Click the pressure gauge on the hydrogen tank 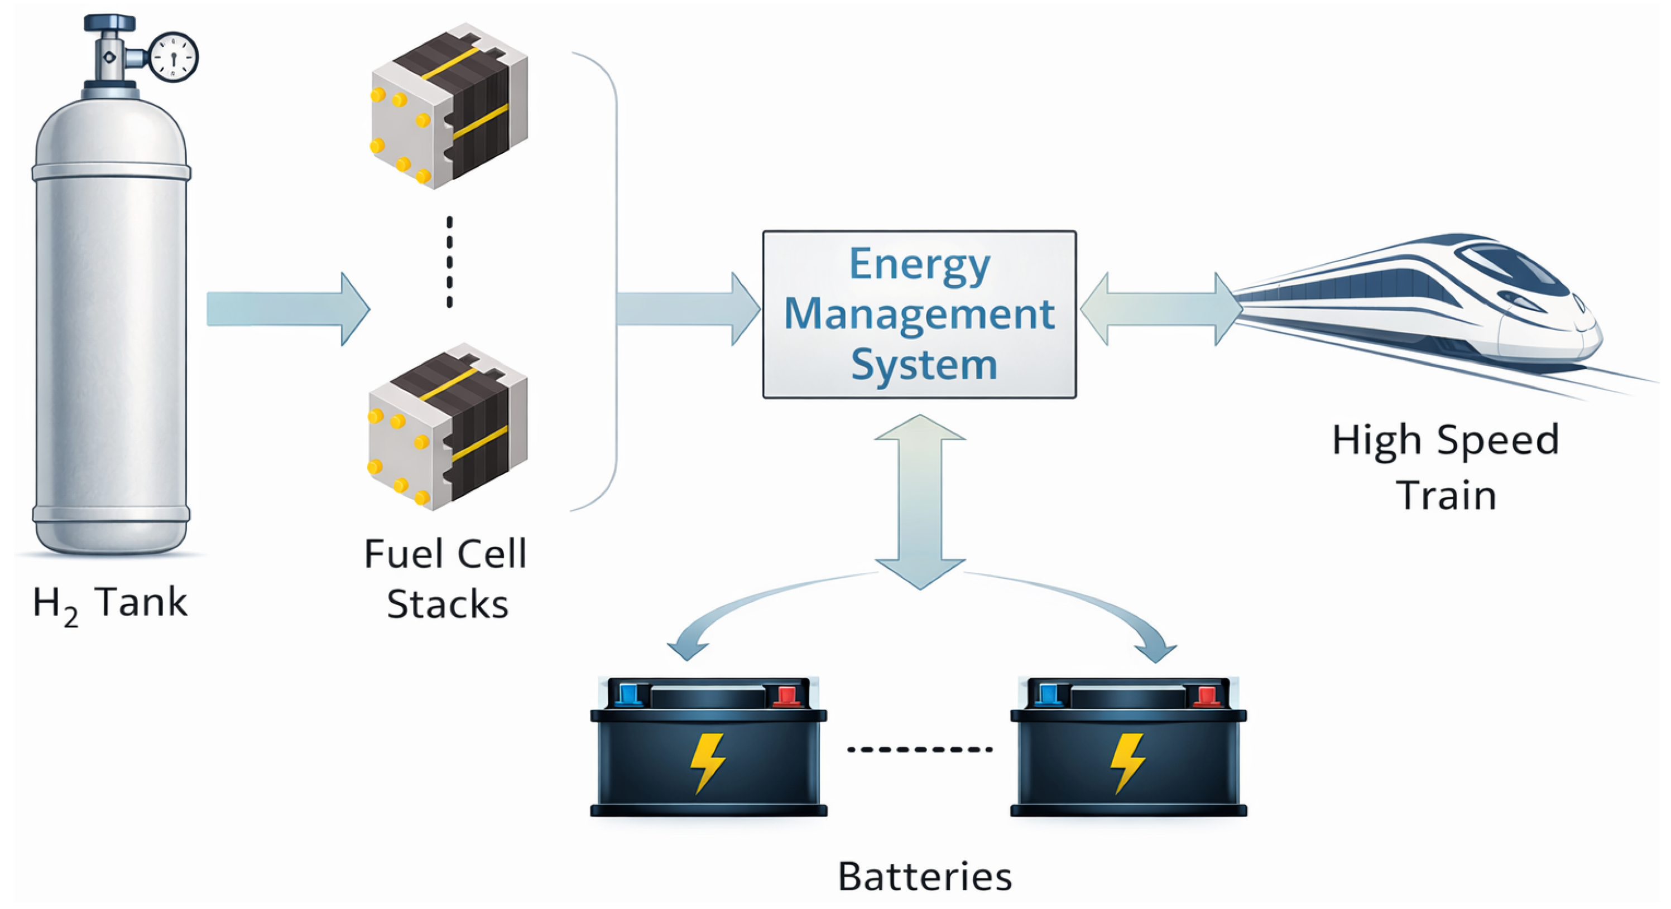tap(173, 57)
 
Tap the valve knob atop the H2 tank tap(109, 23)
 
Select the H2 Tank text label tap(111, 605)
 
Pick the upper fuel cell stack tap(449, 106)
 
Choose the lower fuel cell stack tap(448, 426)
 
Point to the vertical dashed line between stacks tap(449, 262)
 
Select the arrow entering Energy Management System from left tap(688, 308)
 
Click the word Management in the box tap(919, 315)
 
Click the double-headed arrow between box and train tap(1161, 308)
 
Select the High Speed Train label tap(1446, 467)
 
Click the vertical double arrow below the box tap(920, 502)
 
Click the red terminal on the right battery tap(1206, 695)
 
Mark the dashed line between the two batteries tap(920, 750)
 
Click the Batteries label tap(925, 877)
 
